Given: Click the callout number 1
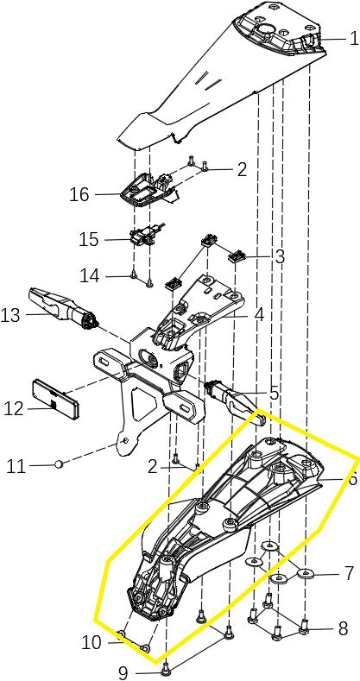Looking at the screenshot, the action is pyautogui.click(x=354, y=39).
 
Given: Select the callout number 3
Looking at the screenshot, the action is pyautogui.click(x=280, y=256).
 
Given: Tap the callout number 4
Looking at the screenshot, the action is pyautogui.click(x=259, y=315).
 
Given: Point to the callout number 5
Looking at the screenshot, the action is pyautogui.click(x=274, y=393).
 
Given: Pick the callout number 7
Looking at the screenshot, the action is pyautogui.click(x=350, y=573).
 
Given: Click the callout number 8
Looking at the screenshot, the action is pyautogui.click(x=343, y=628).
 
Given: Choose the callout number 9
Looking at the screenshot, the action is pyautogui.click(x=123, y=673).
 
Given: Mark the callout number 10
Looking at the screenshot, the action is pyautogui.click(x=92, y=642).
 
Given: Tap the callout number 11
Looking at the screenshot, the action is pyautogui.click(x=16, y=467).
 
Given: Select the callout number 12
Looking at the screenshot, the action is pyautogui.click(x=13, y=409).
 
